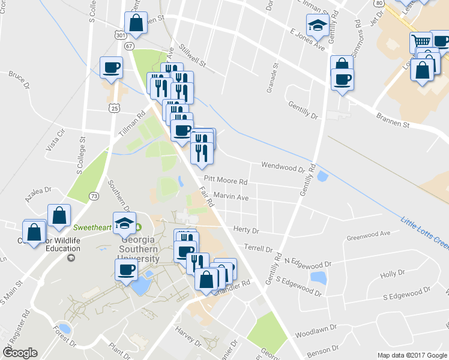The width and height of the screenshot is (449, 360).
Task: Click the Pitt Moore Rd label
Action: [x=226, y=181]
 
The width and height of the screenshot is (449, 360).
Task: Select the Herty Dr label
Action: [x=246, y=230]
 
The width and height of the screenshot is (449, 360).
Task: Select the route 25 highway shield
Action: [x=113, y=107]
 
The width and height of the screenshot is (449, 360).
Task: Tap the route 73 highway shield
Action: [x=93, y=196]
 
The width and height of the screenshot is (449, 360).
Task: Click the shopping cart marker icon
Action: [x=421, y=42]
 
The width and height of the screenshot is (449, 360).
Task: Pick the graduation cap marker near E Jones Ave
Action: [x=316, y=25]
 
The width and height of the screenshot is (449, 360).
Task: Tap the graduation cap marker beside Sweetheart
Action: [x=125, y=223]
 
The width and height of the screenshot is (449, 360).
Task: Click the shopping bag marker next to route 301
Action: [x=136, y=23]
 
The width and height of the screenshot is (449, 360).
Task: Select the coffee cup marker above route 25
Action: [x=111, y=67]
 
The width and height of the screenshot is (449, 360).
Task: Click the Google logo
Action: [x=20, y=353]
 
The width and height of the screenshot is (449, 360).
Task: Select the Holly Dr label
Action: [x=393, y=274]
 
